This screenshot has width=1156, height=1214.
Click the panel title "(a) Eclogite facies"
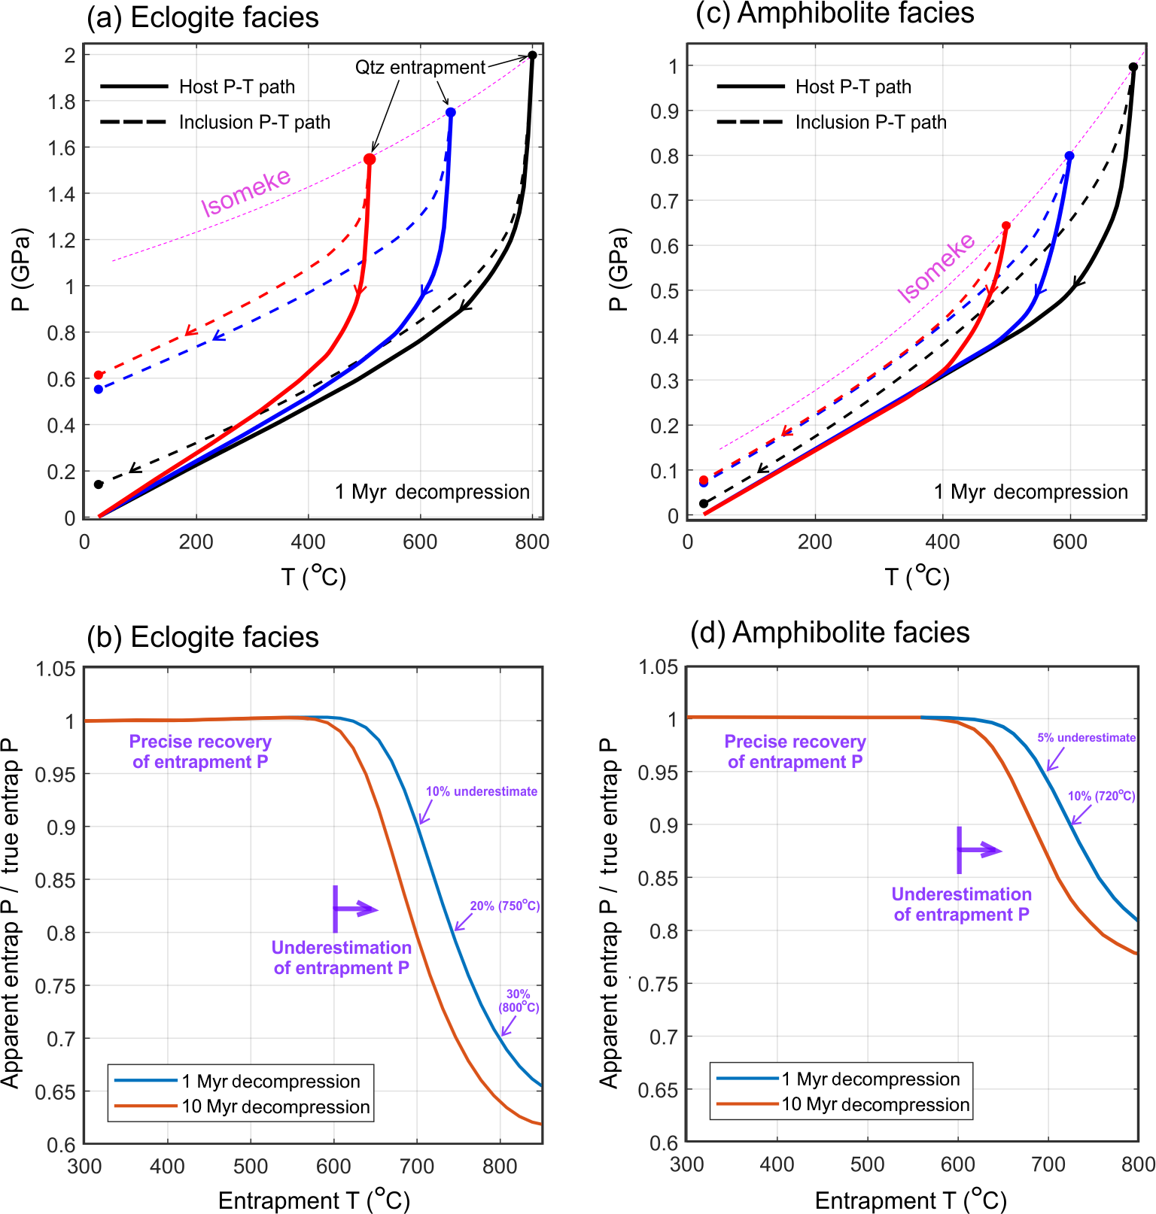[x=202, y=17]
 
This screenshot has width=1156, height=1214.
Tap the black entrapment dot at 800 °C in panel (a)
[x=532, y=55]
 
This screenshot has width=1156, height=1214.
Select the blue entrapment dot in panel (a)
[x=450, y=113]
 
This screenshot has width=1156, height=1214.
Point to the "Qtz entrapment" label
[x=420, y=68]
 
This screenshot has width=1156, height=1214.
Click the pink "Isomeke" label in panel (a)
[x=245, y=193]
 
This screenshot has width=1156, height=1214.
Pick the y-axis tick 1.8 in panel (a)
[x=62, y=102]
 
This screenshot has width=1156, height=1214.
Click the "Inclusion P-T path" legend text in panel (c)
[x=871, y=122]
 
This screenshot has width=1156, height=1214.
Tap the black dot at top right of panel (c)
[x=1133, y=67]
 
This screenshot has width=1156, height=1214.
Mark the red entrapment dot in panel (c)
[x=1006, y=226]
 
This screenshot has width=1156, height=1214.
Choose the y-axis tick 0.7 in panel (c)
[x=665, y=201]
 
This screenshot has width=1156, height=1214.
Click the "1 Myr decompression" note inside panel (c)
[x=1030, y=492]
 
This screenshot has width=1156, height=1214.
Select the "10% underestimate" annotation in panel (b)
[x=482, y=791]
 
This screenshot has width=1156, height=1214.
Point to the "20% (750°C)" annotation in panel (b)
[x=505, y=906]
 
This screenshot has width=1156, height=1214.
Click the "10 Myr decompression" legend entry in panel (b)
[x=275, y=1107]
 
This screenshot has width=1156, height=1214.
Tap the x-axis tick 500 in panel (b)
[x=251, y=1167]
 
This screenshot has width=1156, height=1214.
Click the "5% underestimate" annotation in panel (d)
[x=1086, y=738]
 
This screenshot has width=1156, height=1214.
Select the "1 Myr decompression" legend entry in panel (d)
[x=871, y=1079]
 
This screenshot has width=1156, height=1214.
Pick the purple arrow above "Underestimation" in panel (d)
[x=978, y=851]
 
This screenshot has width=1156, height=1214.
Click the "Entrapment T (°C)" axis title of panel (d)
[x=911, y=1200]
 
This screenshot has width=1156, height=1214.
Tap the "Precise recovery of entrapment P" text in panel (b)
[x=200, y=751]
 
